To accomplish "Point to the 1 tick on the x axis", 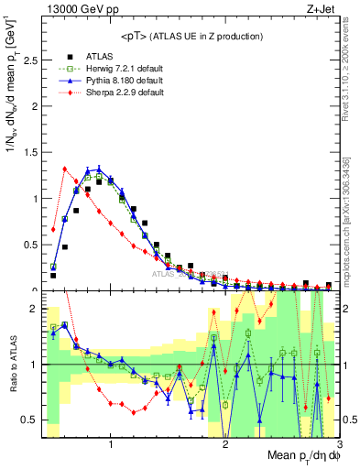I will tap(111, 443).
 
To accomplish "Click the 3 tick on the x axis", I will tap(338, 443).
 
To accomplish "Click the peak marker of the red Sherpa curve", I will tap(64, 169).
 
